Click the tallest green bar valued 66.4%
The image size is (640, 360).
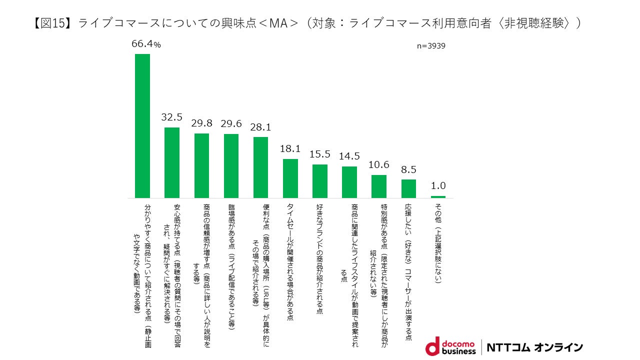(142, 125)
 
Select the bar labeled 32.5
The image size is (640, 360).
(172, 162)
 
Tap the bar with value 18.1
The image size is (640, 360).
(290, 178)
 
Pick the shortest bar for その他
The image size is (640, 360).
(438, 197)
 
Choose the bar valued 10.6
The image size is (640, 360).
(379, 186)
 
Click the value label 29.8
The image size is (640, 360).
(201, 123)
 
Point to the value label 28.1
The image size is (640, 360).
(260, 126)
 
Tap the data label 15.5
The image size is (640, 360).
(320, 154)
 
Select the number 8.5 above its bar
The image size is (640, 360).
(408, 169)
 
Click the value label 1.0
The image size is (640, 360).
(438, 186)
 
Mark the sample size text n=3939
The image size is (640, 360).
(431, 46)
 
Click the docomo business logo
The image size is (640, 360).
(450, 346)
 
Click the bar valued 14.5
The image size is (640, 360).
(349, 182)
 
